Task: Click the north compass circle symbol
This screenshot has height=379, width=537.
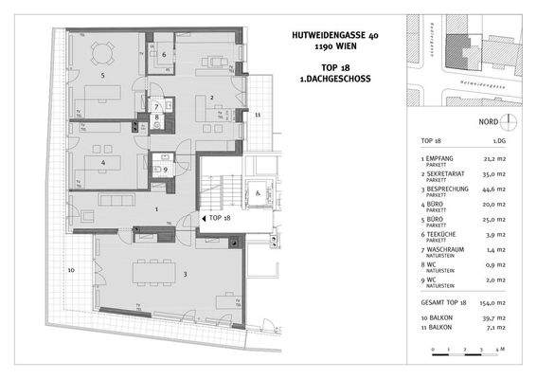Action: coord(509,122)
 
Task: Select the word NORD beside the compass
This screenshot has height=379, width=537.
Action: coord(488,122)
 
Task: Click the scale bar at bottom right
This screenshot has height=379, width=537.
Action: coord(470,349)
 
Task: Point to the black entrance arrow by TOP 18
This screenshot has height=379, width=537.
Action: coord(202,218)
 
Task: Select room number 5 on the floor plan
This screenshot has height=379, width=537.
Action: coord(103,74)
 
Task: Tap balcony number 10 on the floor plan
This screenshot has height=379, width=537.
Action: coord(71,270)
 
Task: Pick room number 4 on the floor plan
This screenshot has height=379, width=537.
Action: coord(102,161)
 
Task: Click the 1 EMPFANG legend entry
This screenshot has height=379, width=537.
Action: coord(440,159)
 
